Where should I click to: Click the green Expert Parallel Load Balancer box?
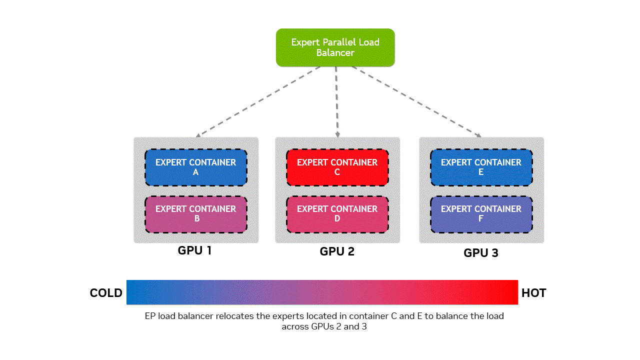(335, 47)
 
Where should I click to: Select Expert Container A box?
(196, 167)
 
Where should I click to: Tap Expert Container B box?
(196, 214)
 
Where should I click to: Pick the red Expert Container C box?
(337, 167)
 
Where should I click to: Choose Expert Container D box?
(337, 214)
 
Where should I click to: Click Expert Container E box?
(481, 167)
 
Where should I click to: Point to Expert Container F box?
(481, 214)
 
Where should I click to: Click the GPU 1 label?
(195, 250)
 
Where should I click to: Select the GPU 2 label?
(337, 251)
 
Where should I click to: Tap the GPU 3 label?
(481, 253)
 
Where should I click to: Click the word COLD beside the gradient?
(106, 293)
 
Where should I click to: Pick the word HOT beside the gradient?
(533, 293)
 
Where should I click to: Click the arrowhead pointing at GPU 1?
(198, 135)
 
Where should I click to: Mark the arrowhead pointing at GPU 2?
(337, 135)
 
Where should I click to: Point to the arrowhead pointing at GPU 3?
(478, 135)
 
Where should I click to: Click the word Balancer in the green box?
(335, 52)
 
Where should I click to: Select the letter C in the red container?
(337, 172)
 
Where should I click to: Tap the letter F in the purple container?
(481, 219)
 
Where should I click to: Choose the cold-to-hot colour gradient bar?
(322, 292)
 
